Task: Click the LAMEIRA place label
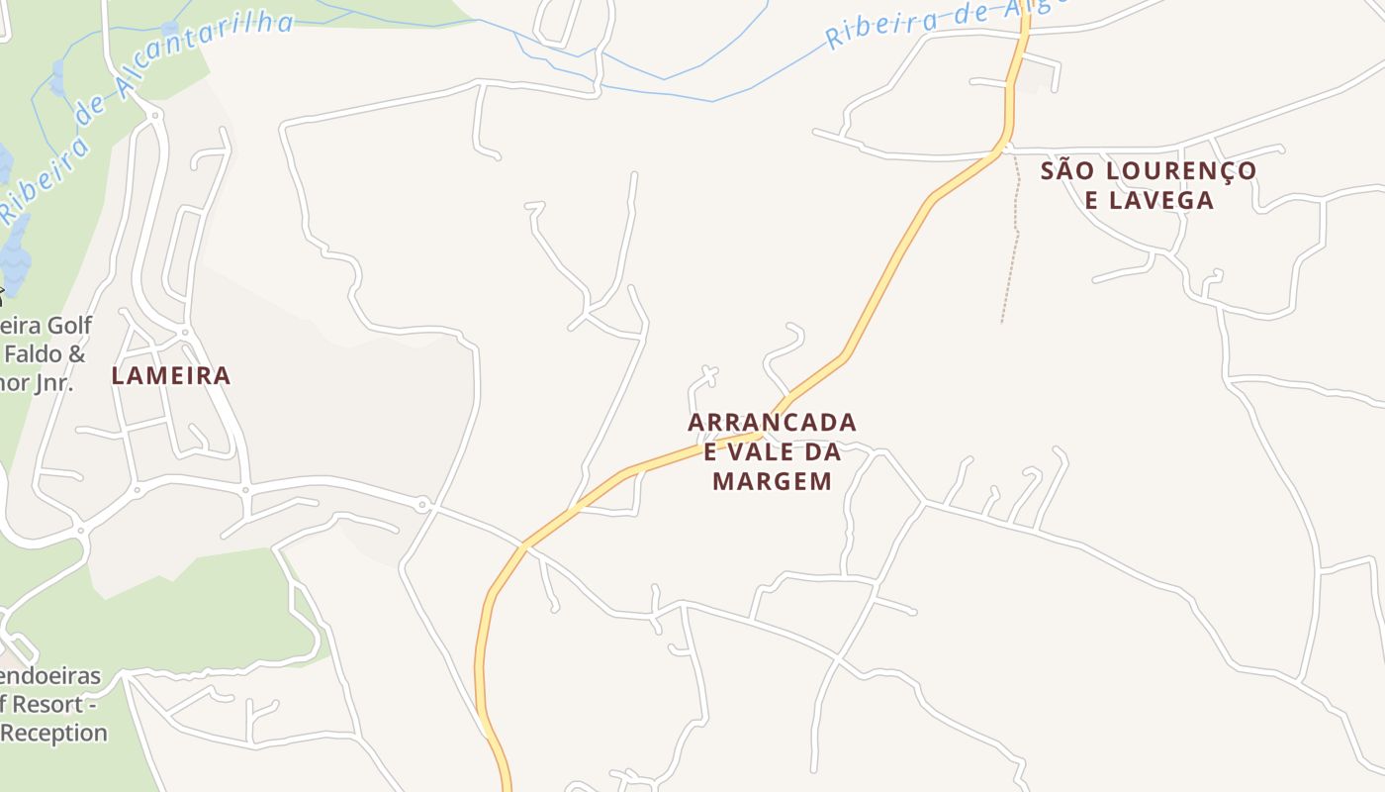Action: click(x=171, y=376)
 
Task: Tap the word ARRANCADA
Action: click(x=772, y=423)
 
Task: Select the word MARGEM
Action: click(x=772, y=482)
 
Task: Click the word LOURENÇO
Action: click(x=1180, y=171)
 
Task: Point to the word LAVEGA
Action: click(x=1149, y=201)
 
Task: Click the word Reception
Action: click(x=53, y=734)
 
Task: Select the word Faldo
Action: click(x=46, y=354)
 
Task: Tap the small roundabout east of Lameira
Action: click(x=422, y=505)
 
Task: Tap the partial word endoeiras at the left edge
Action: click(x=49, y=677)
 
